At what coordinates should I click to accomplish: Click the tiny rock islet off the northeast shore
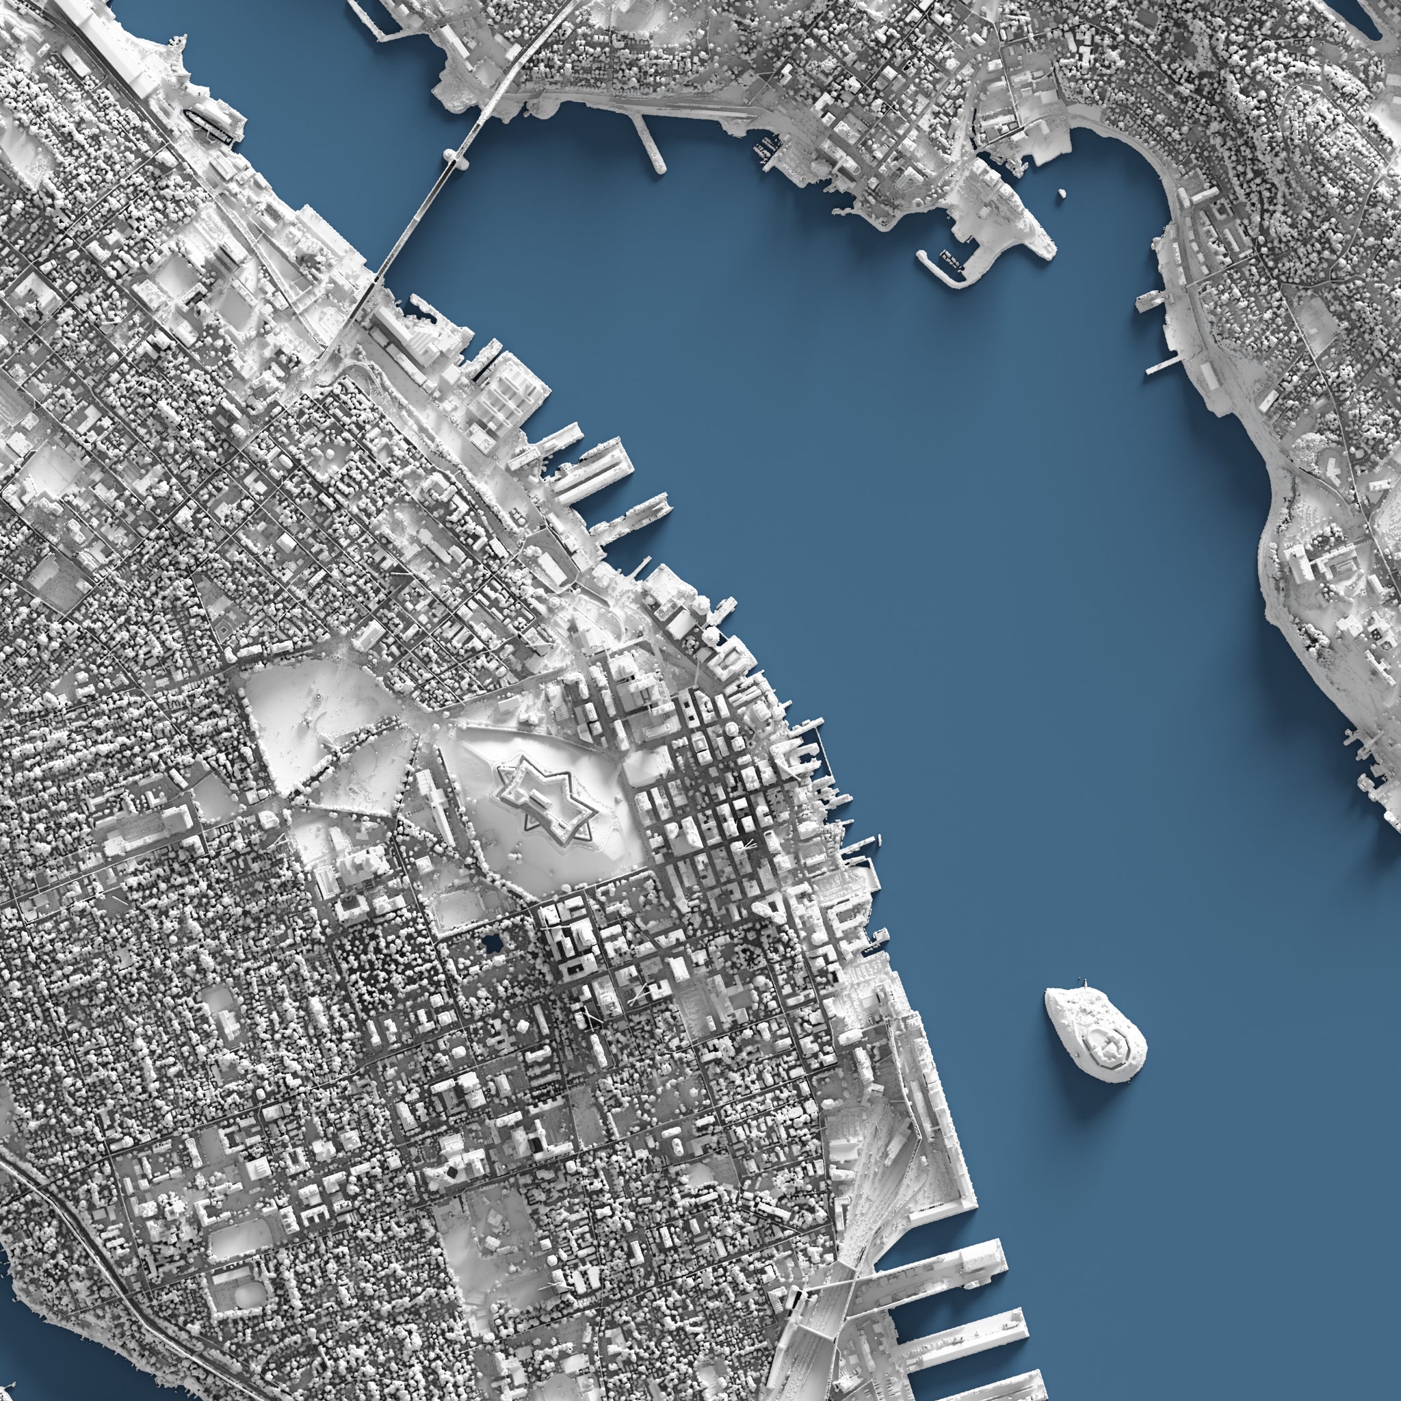coord(1062,193)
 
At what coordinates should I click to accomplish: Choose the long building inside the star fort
coord(545,798)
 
